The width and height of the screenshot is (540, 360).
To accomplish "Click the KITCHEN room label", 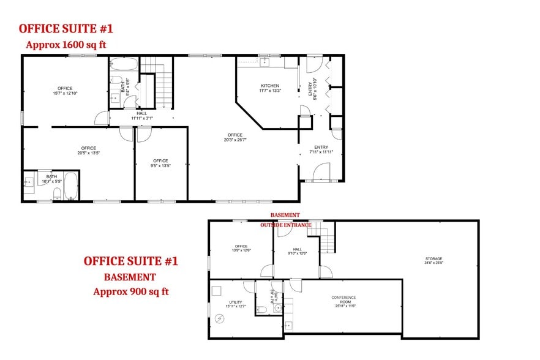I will [270, 86].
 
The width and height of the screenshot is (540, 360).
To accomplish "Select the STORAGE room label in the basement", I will [433, 259].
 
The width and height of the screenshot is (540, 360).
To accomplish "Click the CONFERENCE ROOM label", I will [343, 299].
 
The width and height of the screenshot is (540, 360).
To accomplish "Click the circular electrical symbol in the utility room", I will [221, 318].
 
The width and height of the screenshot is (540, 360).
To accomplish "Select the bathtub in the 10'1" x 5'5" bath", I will [71, 186].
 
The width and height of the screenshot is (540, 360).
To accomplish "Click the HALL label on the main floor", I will [141, 113].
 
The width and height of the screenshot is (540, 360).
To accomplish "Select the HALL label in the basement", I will [298, 249].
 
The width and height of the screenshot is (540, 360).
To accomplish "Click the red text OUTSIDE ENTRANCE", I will [285, 225].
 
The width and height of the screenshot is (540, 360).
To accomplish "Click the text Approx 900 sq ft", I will [130, 291].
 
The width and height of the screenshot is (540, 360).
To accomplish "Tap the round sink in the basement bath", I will [277, 308].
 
